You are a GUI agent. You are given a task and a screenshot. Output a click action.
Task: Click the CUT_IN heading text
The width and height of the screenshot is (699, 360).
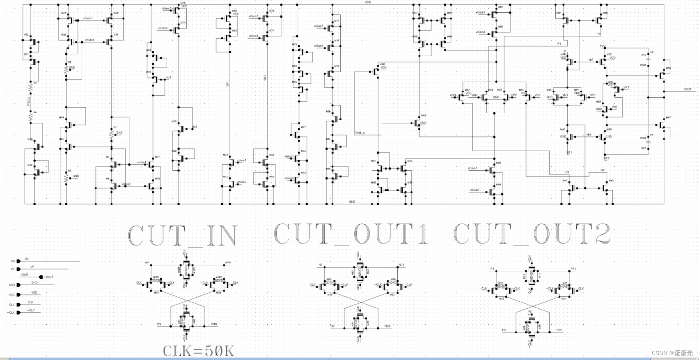coord(183,235)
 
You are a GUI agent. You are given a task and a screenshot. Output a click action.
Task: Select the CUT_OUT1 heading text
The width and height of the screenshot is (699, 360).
coord(351,234)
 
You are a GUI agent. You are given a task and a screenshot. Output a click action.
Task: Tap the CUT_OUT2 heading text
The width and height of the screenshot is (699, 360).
coord(532,234)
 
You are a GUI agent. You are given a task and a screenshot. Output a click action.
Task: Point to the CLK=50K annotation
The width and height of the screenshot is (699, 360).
coord(199,351)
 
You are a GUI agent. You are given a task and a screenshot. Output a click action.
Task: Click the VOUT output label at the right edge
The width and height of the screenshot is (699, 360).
coord(687,89)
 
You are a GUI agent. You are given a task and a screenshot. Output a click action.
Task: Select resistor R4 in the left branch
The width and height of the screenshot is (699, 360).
coord(30,87)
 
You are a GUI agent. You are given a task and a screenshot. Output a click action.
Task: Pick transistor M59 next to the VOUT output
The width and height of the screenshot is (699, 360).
coord(662,75)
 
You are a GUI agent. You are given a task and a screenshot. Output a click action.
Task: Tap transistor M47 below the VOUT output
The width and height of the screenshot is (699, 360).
coord(662,124)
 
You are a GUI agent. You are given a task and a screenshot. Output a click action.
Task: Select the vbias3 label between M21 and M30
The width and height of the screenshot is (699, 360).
coord(88,18)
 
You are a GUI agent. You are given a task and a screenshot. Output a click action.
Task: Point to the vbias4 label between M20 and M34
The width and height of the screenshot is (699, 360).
coord(89,40)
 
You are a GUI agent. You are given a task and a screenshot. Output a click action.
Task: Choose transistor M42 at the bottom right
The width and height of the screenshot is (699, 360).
coord(606,188)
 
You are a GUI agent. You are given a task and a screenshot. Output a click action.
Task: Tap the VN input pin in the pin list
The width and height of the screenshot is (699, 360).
coord(18,261)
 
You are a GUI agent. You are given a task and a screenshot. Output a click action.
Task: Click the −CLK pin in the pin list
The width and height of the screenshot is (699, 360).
coord(18,312)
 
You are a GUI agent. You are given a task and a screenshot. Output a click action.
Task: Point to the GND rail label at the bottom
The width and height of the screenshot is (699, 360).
coord(352,202)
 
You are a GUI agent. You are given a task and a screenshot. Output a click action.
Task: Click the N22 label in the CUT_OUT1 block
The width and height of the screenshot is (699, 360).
coord(387,326)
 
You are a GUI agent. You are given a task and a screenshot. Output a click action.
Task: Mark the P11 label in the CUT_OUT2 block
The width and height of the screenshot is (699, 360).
coord(573,269)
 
